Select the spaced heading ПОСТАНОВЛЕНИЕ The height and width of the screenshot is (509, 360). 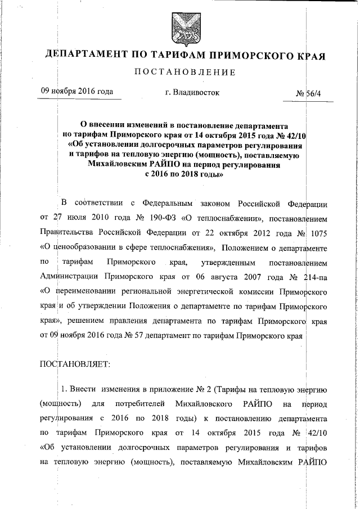click(180, 72)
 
